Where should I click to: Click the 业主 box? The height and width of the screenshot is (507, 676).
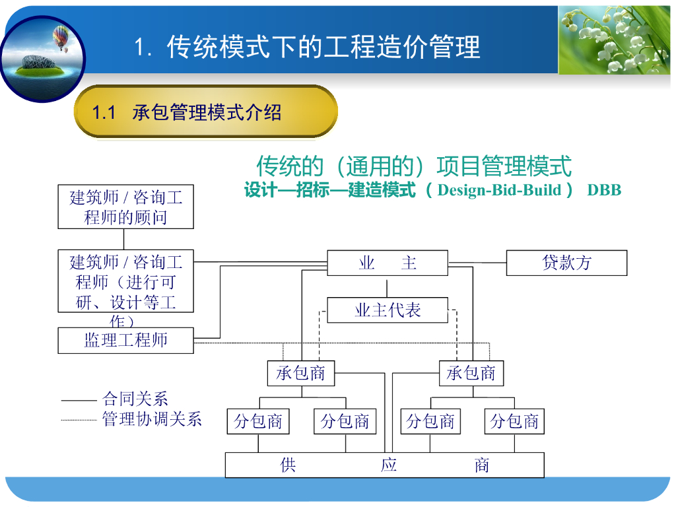(387, 263)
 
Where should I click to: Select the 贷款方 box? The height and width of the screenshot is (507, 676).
(566, 263)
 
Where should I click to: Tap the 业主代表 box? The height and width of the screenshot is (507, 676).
(387, 310)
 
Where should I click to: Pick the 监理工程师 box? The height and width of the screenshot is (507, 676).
(125, 341)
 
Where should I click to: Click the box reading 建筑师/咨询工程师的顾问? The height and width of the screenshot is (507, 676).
(125, 207)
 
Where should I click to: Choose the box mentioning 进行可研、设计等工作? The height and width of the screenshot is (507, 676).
(125, 281)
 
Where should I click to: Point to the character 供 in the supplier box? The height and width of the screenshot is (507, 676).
(288, 465)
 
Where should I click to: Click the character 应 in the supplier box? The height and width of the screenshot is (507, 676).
(388, 465)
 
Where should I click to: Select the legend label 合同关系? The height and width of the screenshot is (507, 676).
(135, 399)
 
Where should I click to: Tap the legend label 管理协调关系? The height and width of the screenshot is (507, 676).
(152, 419)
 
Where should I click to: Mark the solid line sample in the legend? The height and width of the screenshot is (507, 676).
(79, 401)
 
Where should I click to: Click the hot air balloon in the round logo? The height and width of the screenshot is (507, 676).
(61, 38)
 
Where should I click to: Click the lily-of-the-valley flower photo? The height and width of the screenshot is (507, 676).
(615, 40)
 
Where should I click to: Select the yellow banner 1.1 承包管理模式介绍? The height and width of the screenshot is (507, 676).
(206, 112)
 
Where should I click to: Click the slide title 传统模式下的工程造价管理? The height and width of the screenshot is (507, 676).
(323, 47)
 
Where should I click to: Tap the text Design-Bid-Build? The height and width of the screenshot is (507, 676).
(499, 190)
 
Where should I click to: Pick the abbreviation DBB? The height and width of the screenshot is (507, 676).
(604, 190)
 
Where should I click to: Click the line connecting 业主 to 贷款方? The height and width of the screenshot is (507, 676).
(477, 263)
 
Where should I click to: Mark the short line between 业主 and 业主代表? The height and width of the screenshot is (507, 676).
(387, 288)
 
